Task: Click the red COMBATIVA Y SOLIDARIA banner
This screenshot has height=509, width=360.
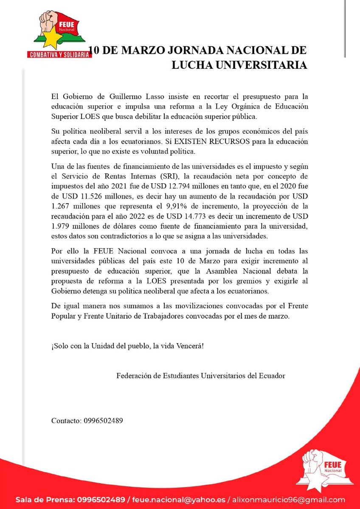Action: coord(59,54)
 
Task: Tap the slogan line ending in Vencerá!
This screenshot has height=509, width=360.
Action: coord(127,346)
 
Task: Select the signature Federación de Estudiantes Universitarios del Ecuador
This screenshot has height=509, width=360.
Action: coord(200,376)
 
